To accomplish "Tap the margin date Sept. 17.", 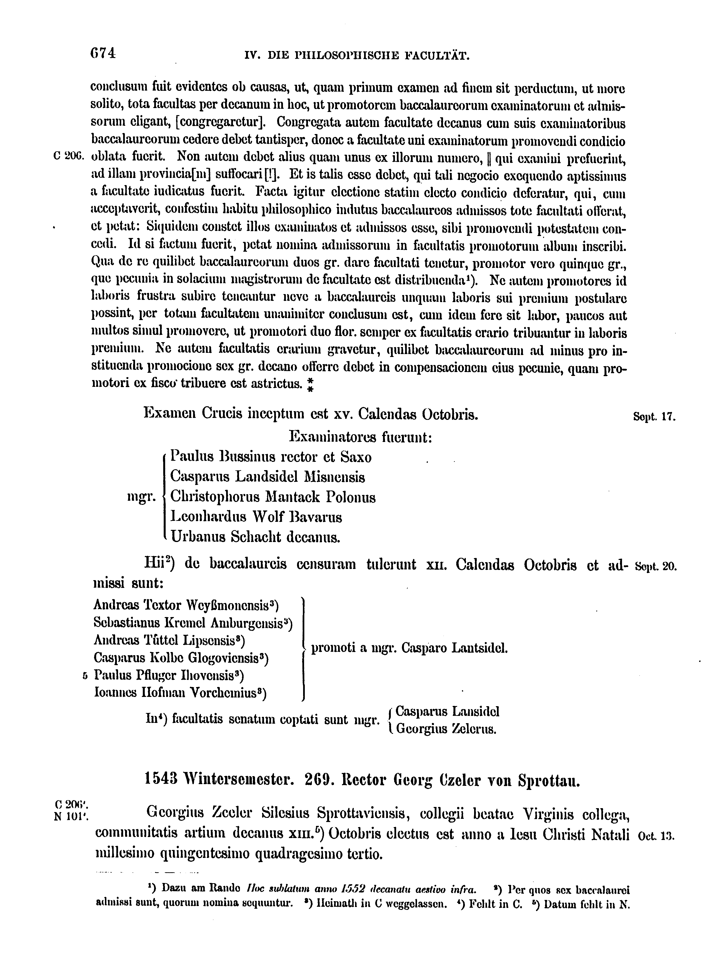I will tap(654, 417).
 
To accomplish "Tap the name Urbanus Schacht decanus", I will tap(255, 537).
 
